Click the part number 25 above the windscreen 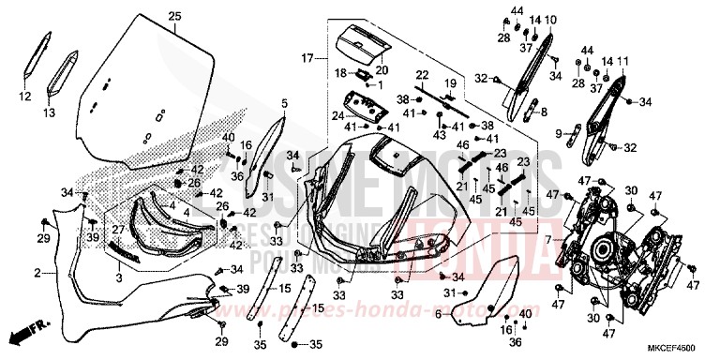(173, 16)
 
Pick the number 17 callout (307, 58)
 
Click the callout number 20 (381, 69)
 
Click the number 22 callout (422, 74)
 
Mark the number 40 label (228, 137)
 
